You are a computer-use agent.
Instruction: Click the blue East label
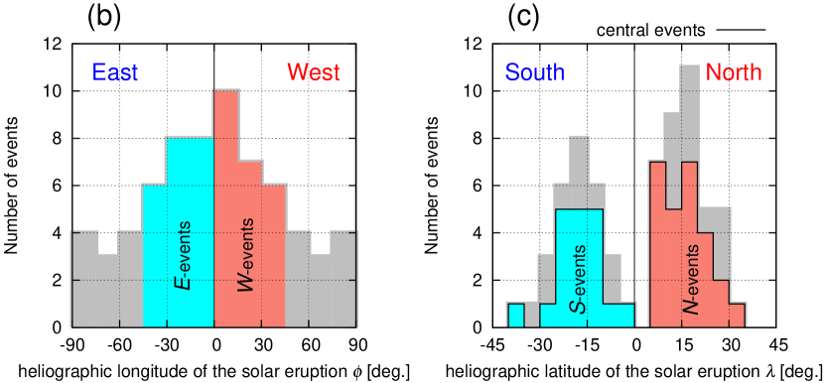[x=115, y=72]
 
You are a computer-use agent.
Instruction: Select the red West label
[x=313, y=72]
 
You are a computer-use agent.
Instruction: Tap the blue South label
[x=534, y=72]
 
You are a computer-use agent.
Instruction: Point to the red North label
[x=734, y=72]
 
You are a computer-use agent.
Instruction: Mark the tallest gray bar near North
[x=690, y=109]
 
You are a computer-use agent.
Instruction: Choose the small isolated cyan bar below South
[x=515, y=315]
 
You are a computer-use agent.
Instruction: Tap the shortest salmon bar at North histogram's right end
[x=737, y=315]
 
